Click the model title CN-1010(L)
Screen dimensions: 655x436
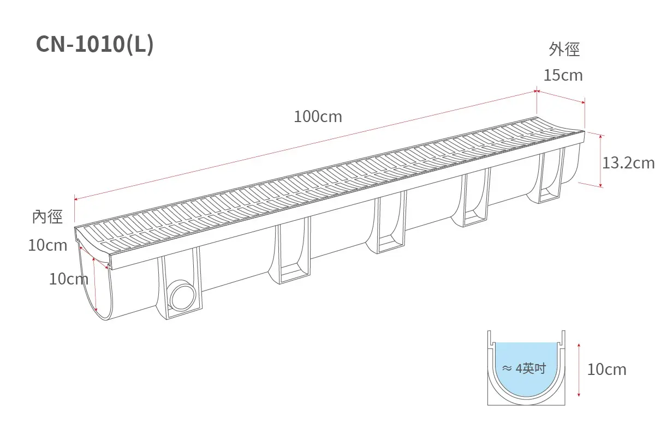click(94, 44)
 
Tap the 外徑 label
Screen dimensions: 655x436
click(564, 49)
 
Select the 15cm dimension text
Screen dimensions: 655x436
click(563, 75)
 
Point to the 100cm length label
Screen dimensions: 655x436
click(318, 117)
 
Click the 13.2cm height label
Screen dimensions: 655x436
click(628, 163)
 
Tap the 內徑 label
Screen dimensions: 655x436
click(47, 217)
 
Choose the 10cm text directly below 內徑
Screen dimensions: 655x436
click(47, 245)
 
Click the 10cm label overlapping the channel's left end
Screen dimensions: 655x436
click(69, 279)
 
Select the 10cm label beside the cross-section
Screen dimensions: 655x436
click(607, 370)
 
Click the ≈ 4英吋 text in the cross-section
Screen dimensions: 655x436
click(524, 368)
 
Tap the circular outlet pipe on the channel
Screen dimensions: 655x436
click(183, 295)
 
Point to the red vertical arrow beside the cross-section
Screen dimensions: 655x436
click(579, 370)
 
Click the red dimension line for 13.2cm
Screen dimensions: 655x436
click(600, 161)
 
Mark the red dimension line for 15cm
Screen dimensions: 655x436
click(561, 96)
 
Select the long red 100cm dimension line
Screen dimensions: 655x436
click(305, 145)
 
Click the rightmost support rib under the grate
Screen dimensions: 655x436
click(551, 177)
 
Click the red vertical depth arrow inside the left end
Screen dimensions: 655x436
click(94, 284)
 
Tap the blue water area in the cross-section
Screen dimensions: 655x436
click(526, 368)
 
